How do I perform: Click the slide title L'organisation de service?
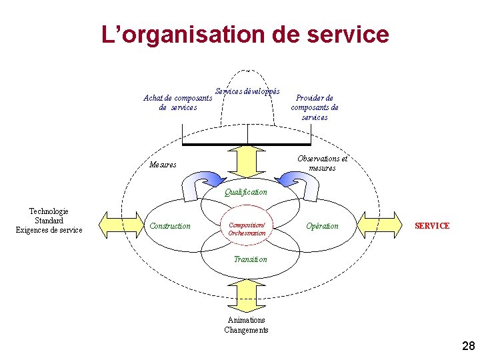click(x=245, y=34)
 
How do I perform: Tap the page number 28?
click(x=468, y=345)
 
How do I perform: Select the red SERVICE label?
click(x=432, y=226)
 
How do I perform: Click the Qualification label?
click(x=246, y=192)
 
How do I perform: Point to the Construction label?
click(x=170, y=226)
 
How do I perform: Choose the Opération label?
click(x=322, y=226)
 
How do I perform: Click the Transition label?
click(x=250, y=259)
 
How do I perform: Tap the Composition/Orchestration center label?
click(x=247, y=229)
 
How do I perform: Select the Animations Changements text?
click(x=247, y=325)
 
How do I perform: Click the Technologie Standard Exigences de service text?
click(x=49, y=221)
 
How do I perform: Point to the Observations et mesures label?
click(x=323, y=163)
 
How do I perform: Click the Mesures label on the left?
click(x=163, y=165)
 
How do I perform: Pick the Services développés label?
click(x=247, y=91)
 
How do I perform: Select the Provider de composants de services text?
click(x=315, y=107)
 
